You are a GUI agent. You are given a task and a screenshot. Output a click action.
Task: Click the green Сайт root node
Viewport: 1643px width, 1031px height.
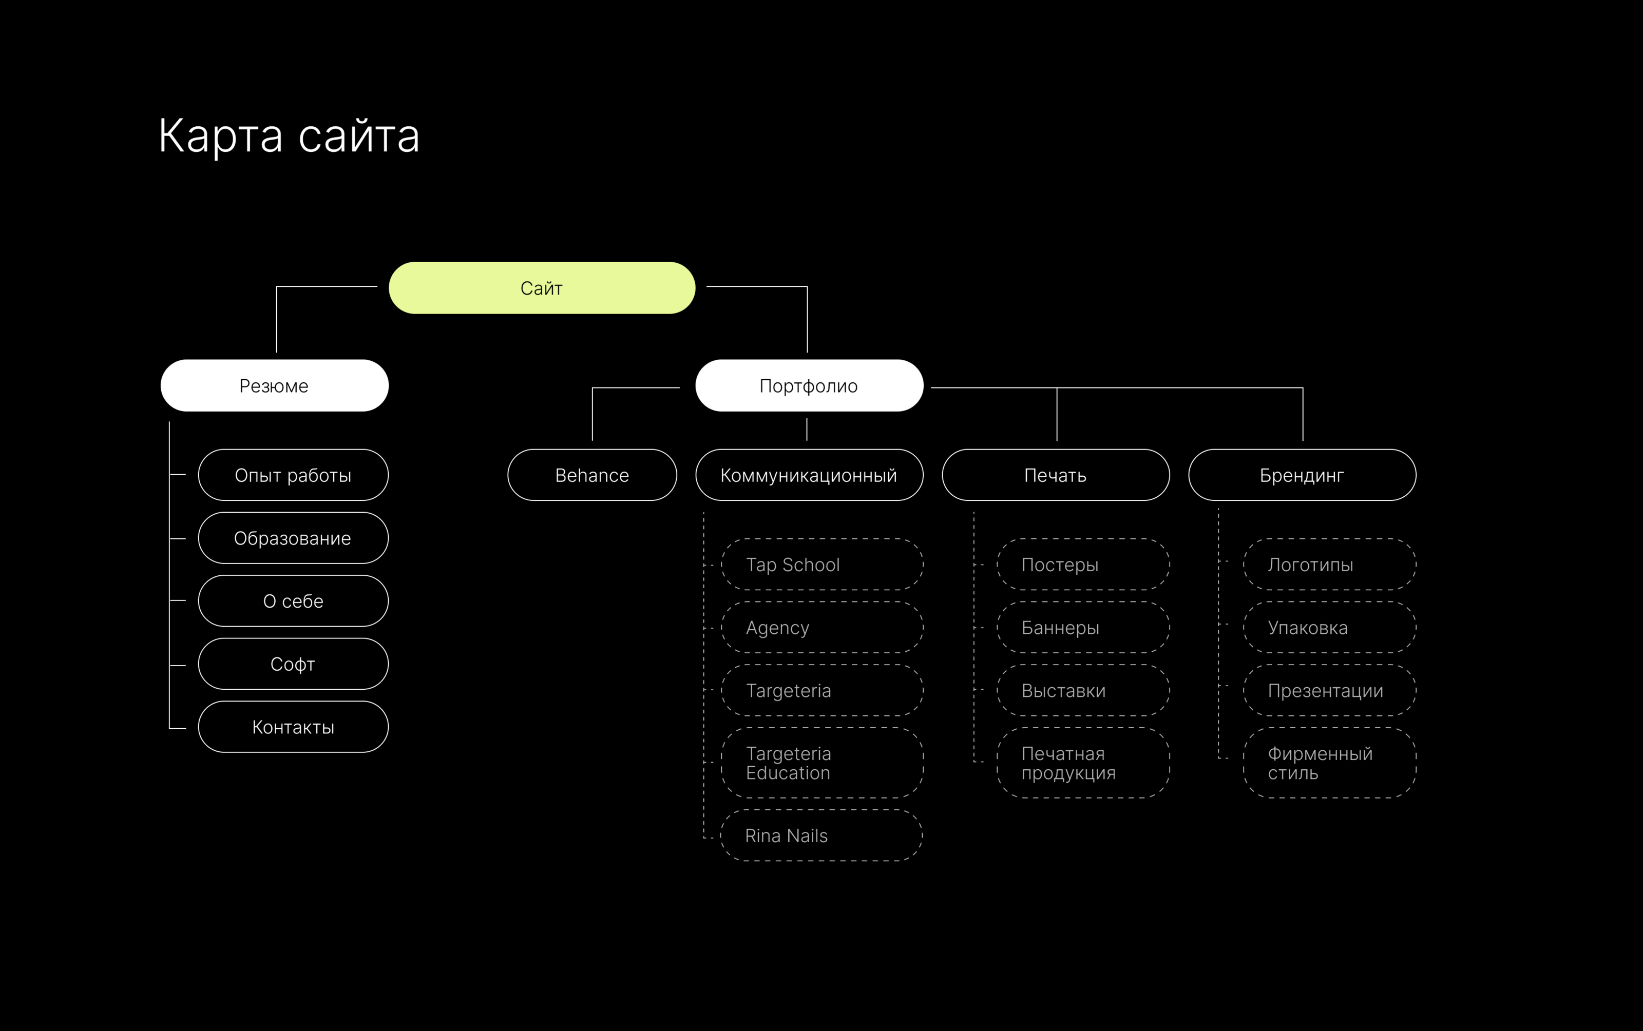[542, 288]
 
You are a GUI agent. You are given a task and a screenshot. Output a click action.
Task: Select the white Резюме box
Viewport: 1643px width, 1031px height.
[274, 385]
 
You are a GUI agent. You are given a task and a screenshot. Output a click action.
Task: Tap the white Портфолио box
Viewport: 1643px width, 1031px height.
[809, 385]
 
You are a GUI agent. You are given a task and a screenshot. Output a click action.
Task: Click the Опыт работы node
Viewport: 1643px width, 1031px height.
[293, 475]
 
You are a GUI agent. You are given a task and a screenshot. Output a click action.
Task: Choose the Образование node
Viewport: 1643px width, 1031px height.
[293, 538]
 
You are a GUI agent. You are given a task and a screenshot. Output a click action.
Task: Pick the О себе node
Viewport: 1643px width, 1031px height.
[293, 601]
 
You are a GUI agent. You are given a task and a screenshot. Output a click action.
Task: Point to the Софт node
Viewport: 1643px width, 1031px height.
[293, 664]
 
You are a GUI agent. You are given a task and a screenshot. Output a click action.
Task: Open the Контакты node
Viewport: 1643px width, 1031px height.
[293, 727]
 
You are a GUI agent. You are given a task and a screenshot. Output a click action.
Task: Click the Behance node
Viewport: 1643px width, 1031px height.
[592, 475]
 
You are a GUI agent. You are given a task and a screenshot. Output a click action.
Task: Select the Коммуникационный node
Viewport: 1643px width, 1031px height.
[809, 475]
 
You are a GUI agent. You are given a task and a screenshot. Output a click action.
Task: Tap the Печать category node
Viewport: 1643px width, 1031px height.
[1055, 475]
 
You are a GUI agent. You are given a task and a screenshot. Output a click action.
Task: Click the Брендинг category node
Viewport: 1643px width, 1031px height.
[1302, 475]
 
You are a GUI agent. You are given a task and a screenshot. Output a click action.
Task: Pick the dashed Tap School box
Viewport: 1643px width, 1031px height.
[822, 565]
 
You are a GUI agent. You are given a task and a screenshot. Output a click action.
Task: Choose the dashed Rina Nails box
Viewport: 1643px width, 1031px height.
[821, 835]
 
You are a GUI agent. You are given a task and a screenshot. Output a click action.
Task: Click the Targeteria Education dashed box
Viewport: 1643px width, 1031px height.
[822, 763]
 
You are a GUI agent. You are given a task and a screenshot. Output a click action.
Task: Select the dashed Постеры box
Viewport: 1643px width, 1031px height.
[1083, 565]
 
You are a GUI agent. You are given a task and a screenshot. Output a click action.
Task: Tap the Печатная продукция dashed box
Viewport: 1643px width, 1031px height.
[1083, 763]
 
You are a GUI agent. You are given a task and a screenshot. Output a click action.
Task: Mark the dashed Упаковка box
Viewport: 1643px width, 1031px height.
[1329, 627]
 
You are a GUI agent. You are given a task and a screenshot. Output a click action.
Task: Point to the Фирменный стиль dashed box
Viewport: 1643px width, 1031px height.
[1329, 763]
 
